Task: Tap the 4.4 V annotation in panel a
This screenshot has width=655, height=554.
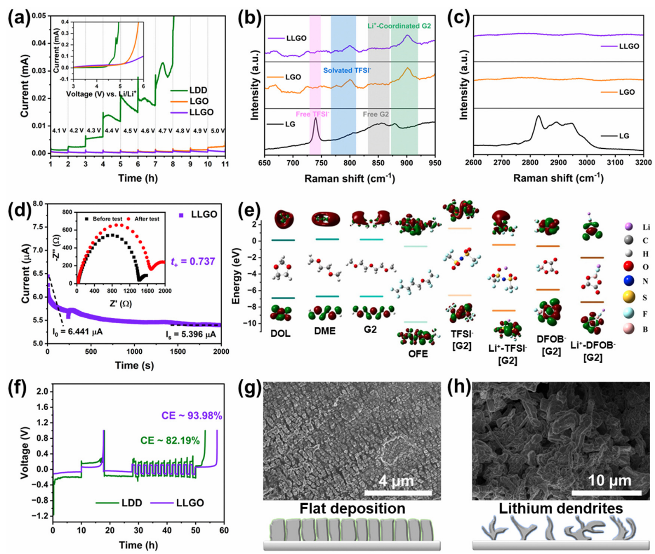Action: coord(111,131)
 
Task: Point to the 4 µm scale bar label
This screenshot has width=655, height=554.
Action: coord(396,481)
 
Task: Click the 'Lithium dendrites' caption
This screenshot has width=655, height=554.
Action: coord(560,509)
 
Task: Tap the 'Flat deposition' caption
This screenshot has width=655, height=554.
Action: coord(353,509)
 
